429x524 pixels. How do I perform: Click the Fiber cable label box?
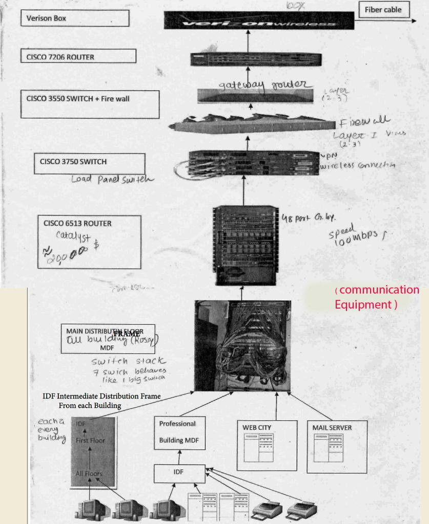(383, 10)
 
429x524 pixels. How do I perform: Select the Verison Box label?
(74, 18)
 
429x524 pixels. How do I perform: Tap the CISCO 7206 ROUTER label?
(78, 56)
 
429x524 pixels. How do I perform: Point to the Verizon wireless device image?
(258, 21)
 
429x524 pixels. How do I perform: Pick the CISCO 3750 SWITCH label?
(89, 162)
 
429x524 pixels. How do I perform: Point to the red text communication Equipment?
(377, 297)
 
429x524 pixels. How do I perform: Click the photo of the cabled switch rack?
(242, 346)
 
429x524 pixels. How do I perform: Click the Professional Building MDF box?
(179, 432)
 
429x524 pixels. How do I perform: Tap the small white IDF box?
(179, 473)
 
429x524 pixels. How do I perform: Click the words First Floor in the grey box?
(90, 441)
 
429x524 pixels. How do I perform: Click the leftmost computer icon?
(92, 510)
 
